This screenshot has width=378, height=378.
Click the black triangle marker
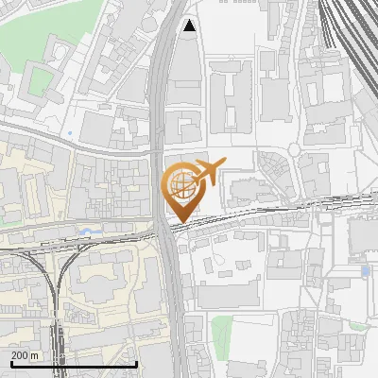[191, 26]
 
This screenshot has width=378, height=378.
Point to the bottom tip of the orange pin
[182, 223]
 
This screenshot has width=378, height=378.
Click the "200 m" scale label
[25, 354]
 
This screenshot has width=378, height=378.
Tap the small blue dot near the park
[69, 134]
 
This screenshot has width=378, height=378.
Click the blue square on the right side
[366, 271]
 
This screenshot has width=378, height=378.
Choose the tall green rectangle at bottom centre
[221, 331]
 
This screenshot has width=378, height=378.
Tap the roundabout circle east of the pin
[295, 150]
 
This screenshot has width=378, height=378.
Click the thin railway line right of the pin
[283, 208]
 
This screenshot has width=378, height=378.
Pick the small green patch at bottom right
[357, 326]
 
